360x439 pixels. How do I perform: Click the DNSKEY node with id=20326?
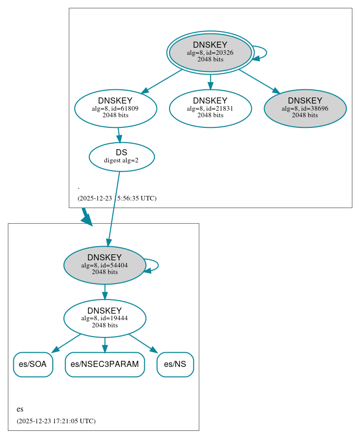[x=210, y=52]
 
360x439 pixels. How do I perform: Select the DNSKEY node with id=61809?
[x=115, y=108]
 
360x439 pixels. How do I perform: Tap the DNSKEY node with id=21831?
[x=210, y=108]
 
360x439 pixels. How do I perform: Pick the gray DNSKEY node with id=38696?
[x=305, y=108]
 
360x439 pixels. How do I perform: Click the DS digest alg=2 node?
[x=121, y=156]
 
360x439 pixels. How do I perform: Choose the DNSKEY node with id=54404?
[x=105, y=265]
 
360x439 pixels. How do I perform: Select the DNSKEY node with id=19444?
[x=105, y=318]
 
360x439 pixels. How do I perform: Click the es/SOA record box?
[x=33, y=364]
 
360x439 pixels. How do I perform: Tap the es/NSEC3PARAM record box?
[x=105, y=364]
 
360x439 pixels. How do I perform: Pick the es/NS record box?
[x=175, y=364]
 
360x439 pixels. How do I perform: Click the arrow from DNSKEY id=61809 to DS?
[x=119, y=135]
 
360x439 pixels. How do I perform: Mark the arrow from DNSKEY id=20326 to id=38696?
[x=258, y=81]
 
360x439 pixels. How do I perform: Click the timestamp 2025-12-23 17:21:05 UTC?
[x=56, y=421]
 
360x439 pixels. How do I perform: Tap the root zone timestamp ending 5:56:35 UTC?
[x=117, y=198]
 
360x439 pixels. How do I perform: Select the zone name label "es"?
[x=20, y=409]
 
